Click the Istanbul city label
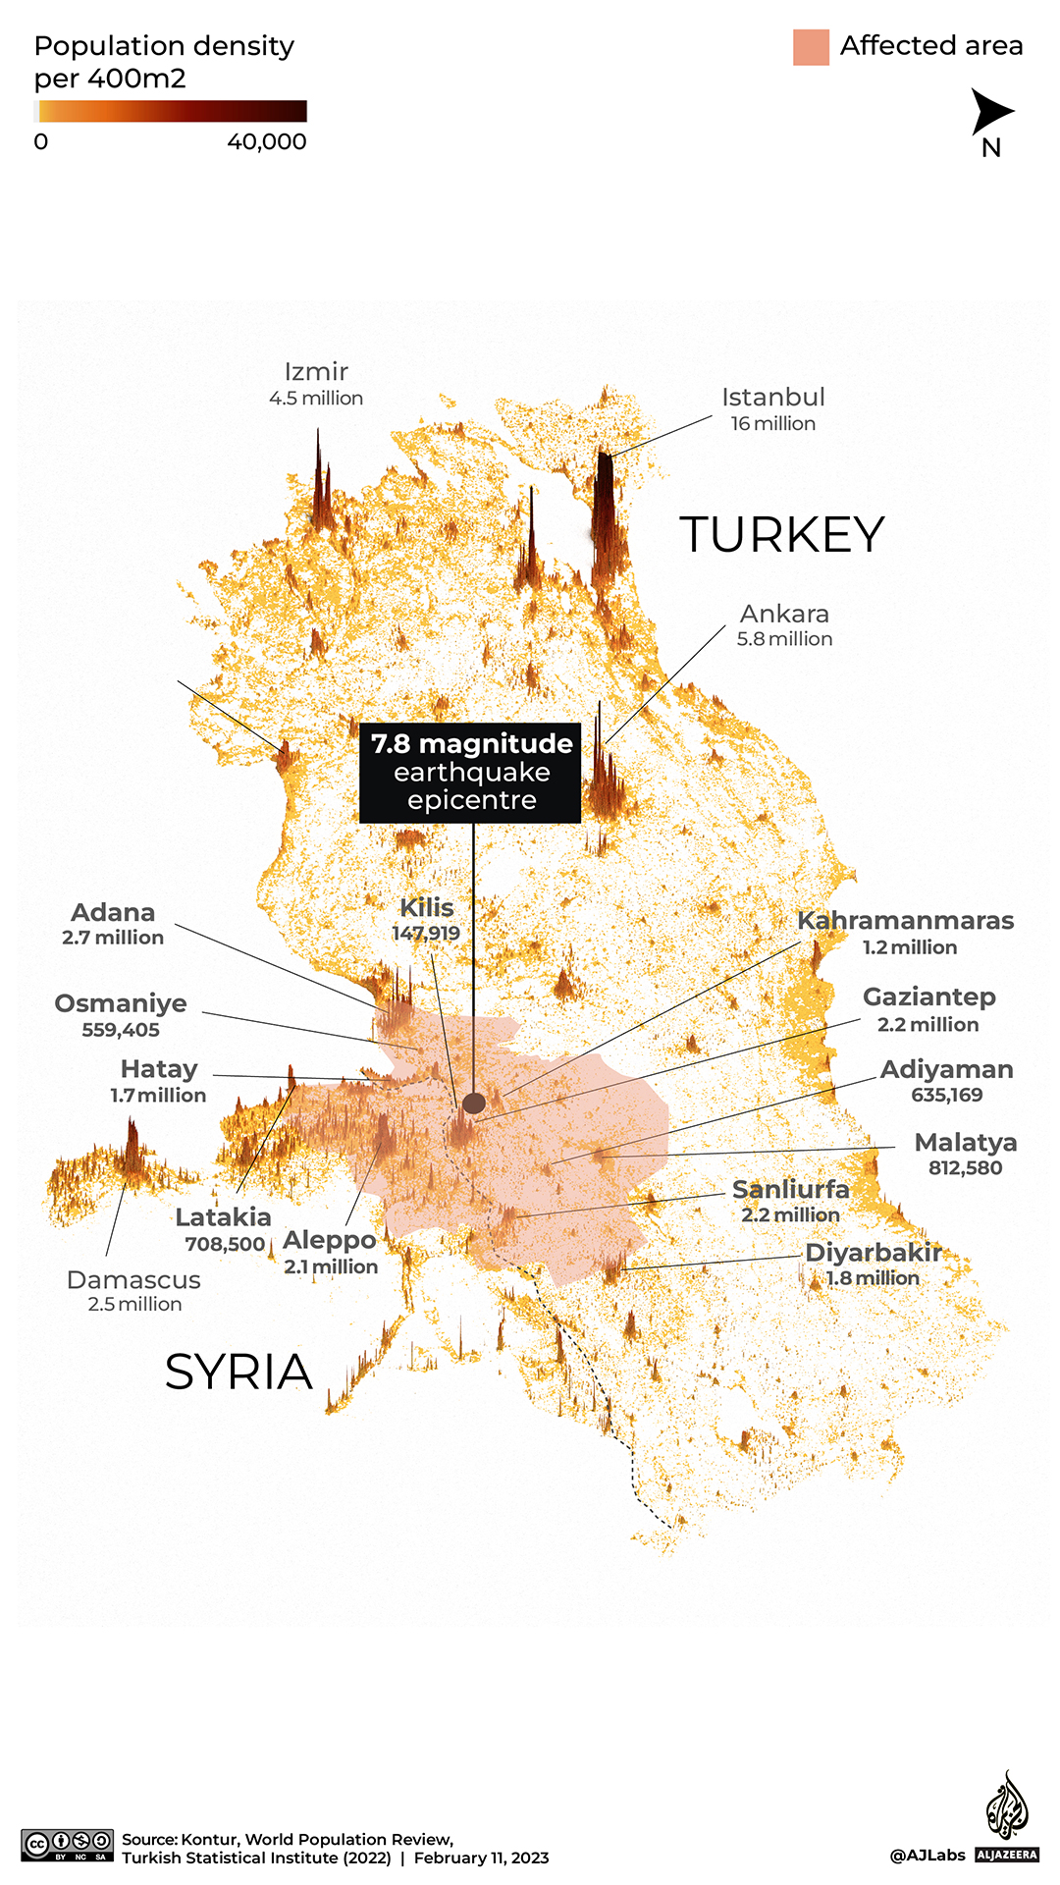[x=772, y=398]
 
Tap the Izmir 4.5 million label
[x=316, y=384]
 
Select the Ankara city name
[x=784, y=614]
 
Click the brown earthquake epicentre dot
[x=473, y=1103]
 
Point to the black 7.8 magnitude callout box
[x=470, y=773]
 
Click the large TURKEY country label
[x=781, y=535]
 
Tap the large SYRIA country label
[x=238, y=1372]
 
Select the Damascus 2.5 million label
[x=134, y=1291]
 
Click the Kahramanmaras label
[x=905, y=921]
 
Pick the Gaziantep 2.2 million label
[x=928, y=1010]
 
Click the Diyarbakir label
[x=873, y=1254]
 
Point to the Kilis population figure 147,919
[x=426, y=933]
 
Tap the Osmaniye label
[x=121, y=1003]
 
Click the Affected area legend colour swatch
[x=811, y=47]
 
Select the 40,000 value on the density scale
[x=267, y=141]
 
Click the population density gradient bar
[x=171, y=111]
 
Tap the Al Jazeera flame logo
[x=1006, y=1806]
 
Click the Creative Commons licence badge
[x=68, y=1845]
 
